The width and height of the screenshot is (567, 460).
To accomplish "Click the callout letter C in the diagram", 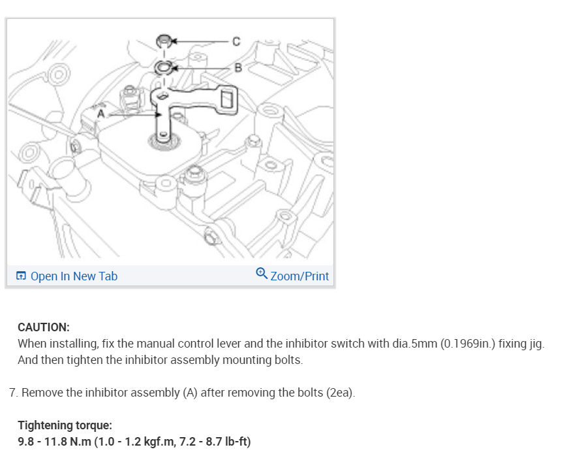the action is (236, 41).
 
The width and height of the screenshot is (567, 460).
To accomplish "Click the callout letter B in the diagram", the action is (238, 67).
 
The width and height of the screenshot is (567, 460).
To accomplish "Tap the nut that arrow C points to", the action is (164, 42).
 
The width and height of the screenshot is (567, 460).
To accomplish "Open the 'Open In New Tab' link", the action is (74, 276).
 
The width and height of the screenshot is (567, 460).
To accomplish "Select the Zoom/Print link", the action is (299, 276).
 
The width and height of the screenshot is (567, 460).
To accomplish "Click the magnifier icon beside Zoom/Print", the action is (262, 273).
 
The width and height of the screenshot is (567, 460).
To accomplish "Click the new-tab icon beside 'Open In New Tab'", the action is (22, 276).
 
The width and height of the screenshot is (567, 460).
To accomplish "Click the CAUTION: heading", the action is (44, 327).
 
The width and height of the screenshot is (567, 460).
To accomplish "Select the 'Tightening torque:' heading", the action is (65, 425).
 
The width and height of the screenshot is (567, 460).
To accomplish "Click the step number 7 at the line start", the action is (12, 393).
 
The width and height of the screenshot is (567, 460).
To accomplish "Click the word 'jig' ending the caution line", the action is (534, 344).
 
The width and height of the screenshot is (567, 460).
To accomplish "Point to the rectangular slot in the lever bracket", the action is (227, 99).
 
